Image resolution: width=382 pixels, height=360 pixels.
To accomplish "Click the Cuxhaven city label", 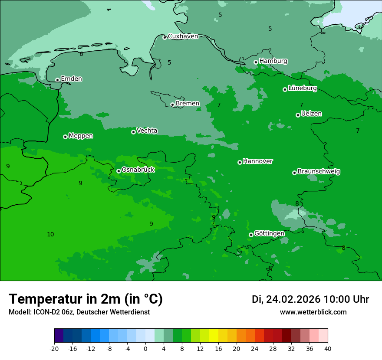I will point(183,36).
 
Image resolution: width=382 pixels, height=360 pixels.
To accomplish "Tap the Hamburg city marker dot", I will point(256,62).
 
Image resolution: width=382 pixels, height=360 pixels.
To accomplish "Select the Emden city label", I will point(71,79).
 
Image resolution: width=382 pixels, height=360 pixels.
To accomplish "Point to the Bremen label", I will point(188,104).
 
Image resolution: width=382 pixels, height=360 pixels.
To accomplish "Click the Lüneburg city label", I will point(303,88).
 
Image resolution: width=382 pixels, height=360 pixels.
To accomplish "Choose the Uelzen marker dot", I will point(298,115).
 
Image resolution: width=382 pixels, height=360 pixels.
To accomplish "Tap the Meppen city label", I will point(81,136).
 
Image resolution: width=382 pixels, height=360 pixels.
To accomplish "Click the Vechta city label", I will point(147,131).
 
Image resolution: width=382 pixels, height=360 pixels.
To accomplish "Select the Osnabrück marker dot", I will point(119,171).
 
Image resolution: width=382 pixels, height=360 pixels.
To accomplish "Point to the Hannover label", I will point(258,161).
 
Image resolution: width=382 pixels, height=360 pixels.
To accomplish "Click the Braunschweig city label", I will point(319,172).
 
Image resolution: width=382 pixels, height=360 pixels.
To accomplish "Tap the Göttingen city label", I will point(269,233).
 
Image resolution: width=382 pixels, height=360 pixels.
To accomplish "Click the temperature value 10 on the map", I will point(50,234).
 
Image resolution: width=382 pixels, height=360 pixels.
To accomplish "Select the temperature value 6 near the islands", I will point(81,54).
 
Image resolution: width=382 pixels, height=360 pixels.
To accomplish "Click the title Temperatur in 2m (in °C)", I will point(86,299).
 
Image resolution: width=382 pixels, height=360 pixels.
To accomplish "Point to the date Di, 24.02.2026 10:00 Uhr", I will point(310,299).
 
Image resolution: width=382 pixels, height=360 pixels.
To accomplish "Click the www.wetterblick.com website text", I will point(313,312).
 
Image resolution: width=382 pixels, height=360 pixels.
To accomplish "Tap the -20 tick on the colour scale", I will point(54,348).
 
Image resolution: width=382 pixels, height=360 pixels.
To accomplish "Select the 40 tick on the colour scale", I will point(328,348).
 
